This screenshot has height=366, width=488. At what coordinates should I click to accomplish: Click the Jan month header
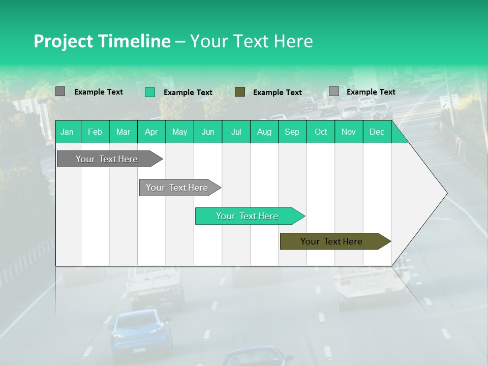(67, 132)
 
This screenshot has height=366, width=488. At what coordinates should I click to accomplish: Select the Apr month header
(151, 132)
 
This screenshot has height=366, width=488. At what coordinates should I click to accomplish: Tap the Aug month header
(264, 132)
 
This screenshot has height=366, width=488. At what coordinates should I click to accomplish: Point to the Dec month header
(377, 132)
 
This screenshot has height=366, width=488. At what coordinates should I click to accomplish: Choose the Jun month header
(207, 132)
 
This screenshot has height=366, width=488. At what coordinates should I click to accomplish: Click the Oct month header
(320, 132)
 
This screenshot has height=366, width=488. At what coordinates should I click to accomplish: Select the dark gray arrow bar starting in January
(107, 159)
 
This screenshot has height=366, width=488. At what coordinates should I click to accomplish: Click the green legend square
(150, 92)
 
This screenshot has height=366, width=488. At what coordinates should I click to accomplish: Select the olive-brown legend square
(240, 92)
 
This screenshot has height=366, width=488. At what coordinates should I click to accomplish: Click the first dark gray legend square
(60, 91)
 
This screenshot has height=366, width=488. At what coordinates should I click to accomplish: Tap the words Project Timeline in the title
(102, 41)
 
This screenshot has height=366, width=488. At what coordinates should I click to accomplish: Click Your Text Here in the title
(251, 41)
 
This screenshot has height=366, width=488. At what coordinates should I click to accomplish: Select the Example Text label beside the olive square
(277, 93)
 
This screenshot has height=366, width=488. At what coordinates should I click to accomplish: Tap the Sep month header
(292, 132)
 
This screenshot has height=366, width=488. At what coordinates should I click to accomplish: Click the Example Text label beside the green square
(188, 93)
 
